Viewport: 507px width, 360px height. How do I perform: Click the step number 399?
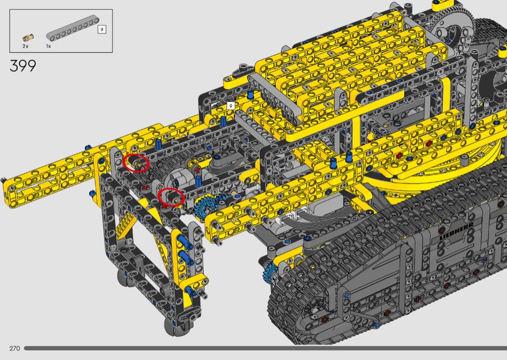click(23, 66)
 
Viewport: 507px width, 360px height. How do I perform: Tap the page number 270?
click(14, 348)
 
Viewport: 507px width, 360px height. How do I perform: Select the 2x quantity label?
click(26, 46)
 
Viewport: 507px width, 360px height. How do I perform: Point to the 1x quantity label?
click(48, 46)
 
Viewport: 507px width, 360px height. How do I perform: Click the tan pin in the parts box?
click(28, 38)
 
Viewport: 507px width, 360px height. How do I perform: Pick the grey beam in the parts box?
click(72, 31)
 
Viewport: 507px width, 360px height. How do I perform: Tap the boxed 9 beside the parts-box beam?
click(102, 30)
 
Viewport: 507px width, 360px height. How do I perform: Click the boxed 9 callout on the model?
click(230, 106)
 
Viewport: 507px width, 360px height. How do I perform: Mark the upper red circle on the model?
click(136, 163)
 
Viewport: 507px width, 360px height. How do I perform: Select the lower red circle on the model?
click(171, 197)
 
